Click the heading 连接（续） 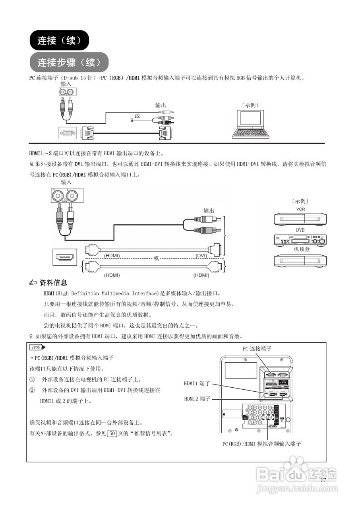tap(59, 40)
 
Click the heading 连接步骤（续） tap(69, 62)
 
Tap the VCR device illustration tap(300, 219)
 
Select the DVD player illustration tap(300, 240)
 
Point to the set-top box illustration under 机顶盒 tap(300, 260)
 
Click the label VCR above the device tap(300, 209)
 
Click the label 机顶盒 tap(302, 249)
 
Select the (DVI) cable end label tap(203, 255)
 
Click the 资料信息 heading tap(53, 283)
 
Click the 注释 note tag tap(35, 348)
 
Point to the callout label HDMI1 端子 tap(197, 384)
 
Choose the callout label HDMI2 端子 tap(197, 399)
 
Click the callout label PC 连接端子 tap(257, 349)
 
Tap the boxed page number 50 tap(112, 433)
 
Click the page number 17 tap(323, 480)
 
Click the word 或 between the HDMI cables tap(156, 258)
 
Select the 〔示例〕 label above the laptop tap(250, 105)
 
